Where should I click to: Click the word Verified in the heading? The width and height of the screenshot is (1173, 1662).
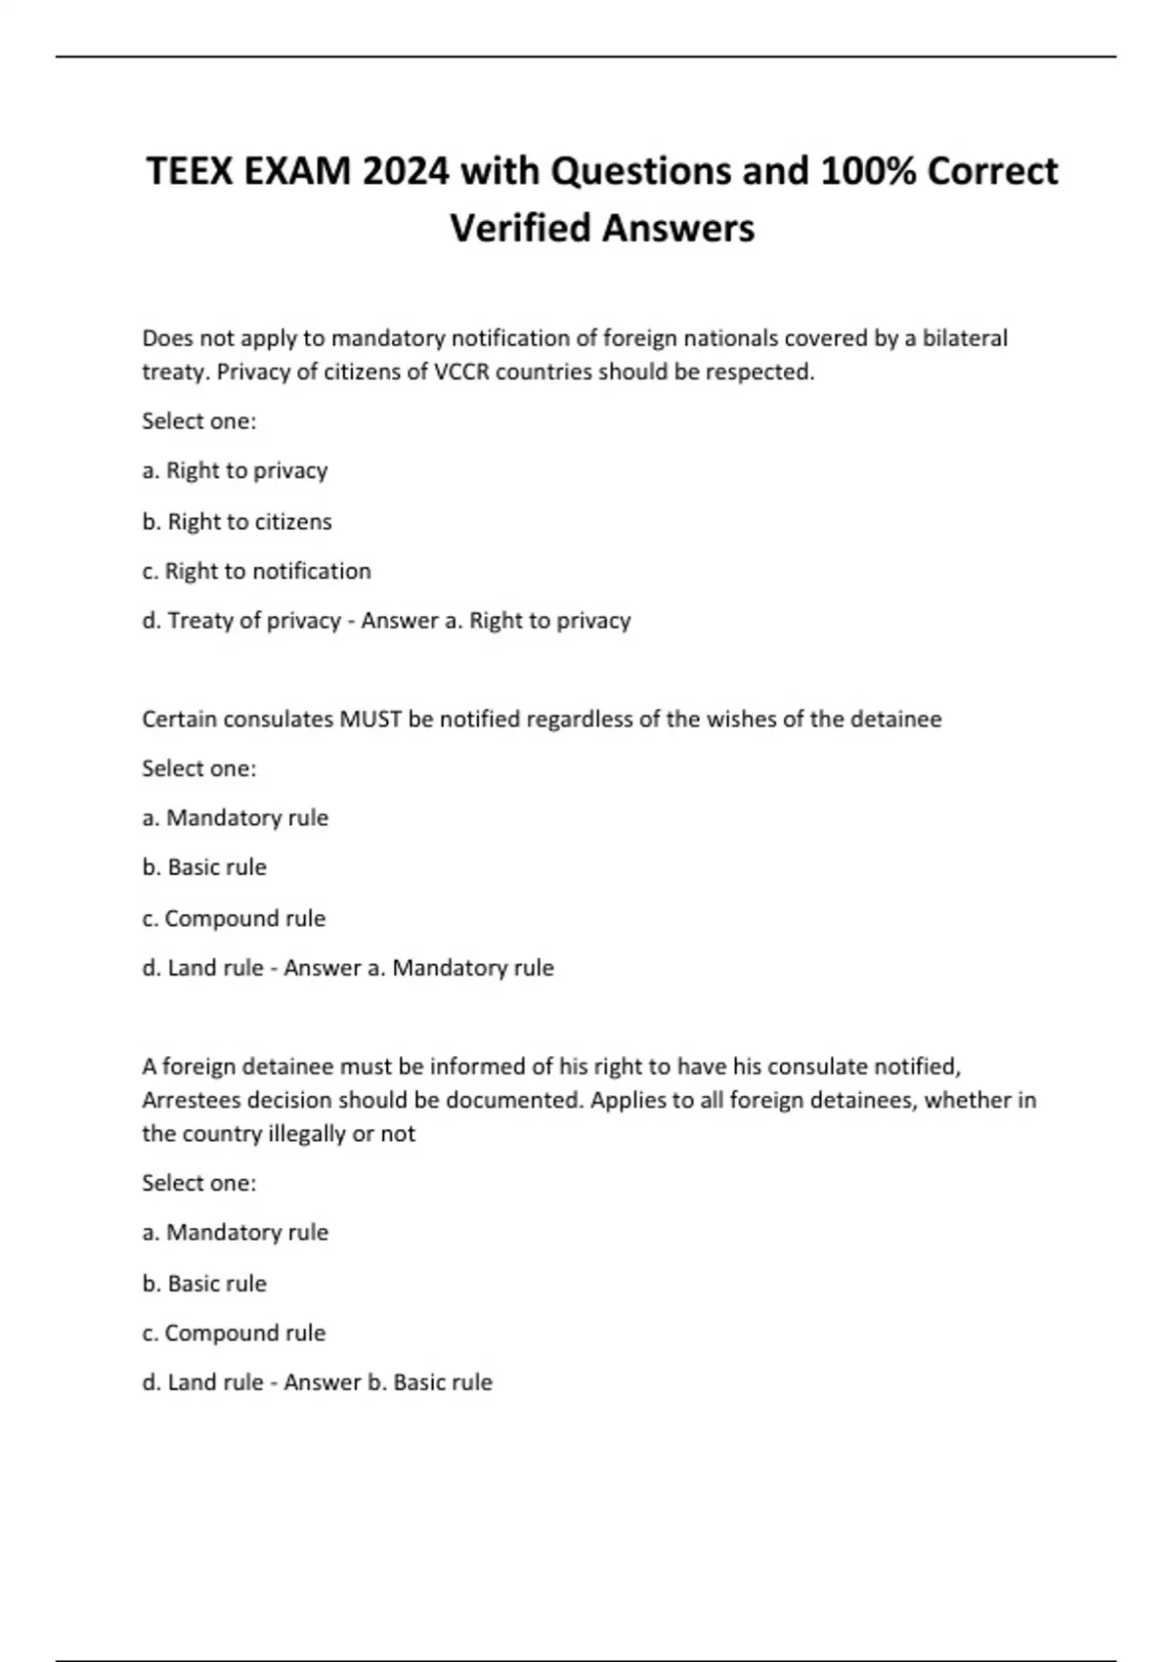[520, 229]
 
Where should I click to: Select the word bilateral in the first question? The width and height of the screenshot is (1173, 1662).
[965, 338]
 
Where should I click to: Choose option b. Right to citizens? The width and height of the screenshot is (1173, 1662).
[238, 522]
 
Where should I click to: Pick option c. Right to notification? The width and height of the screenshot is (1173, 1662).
[257, 571]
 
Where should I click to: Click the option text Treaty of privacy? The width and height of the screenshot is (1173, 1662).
[254, 621]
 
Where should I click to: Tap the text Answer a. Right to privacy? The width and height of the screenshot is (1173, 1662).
[497, 621]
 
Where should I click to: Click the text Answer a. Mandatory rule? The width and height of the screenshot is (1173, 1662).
[418, 968]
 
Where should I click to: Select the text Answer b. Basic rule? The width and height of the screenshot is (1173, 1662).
[388, 1382]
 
